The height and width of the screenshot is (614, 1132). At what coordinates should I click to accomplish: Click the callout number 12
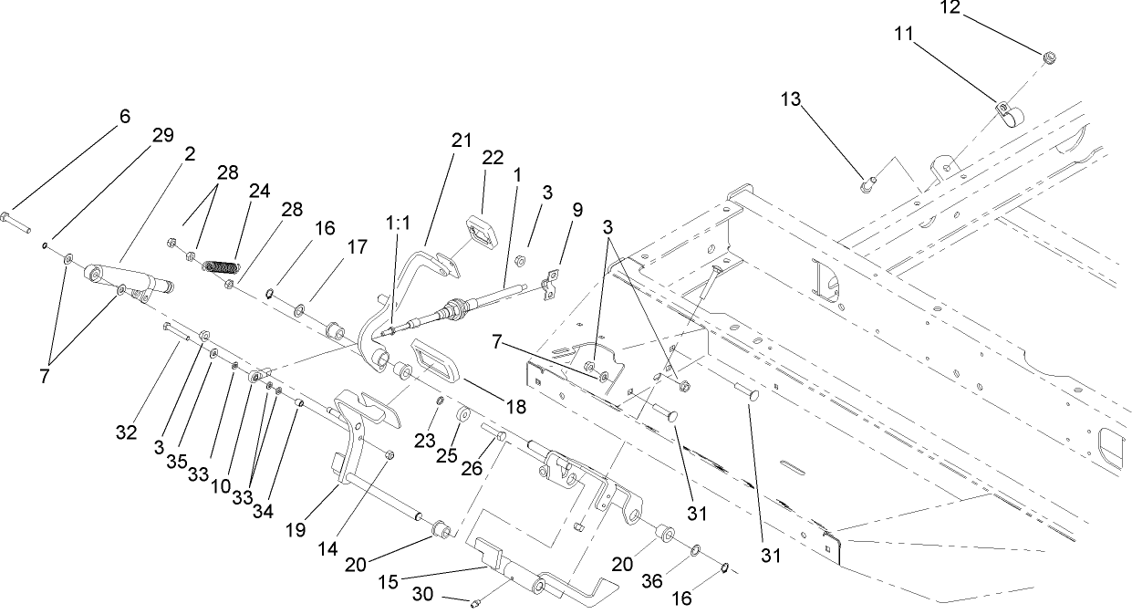(x=950, y=7)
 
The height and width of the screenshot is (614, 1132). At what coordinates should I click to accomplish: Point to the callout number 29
(x=162, y=135)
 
